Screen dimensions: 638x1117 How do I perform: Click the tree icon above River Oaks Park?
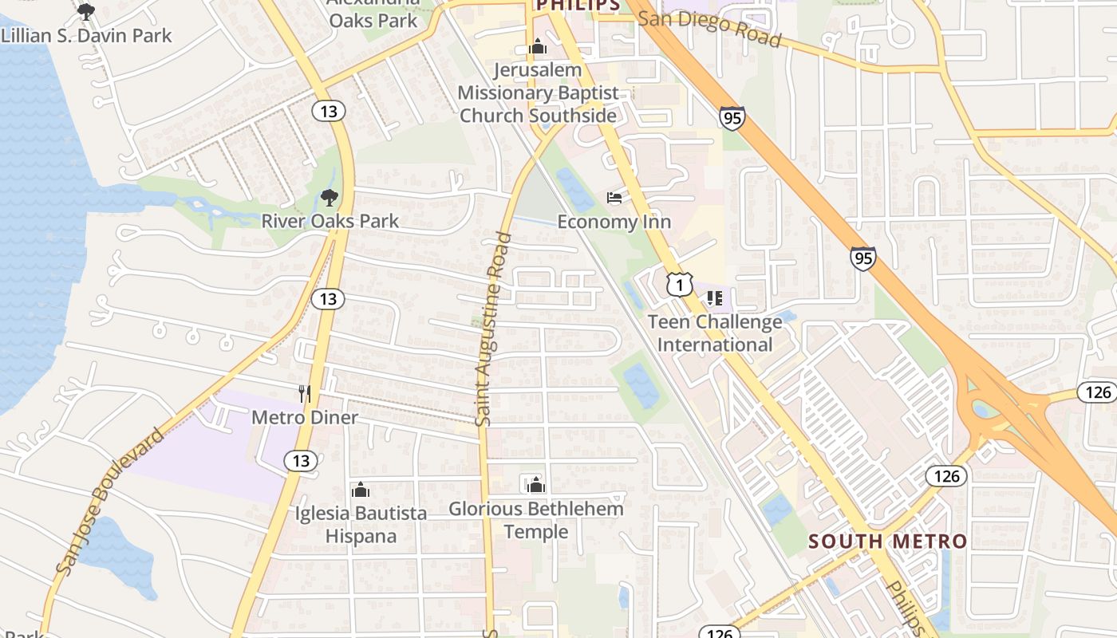pos(329,198)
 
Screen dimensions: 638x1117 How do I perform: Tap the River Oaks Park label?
pos(330,221)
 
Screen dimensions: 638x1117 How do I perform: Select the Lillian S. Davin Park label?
pos(86,35)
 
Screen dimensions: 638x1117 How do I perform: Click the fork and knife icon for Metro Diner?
pos(304,393)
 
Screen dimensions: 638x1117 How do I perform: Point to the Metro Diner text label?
pos(305,417)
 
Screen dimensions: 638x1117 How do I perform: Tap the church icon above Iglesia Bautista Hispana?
pos(361,490)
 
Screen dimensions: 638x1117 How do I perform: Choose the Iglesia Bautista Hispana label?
pos(361,524)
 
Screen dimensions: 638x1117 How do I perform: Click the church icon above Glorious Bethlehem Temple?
pos(535,484)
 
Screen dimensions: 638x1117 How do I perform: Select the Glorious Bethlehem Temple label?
pos(536,520)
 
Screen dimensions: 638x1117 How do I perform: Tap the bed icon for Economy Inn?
pos(614,198)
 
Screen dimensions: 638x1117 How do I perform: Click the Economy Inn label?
pos(614,222)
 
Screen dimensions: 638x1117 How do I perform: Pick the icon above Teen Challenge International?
pos(714,298)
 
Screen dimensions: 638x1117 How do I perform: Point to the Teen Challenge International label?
pos(715,333)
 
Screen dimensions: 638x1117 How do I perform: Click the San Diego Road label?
pos(709,29)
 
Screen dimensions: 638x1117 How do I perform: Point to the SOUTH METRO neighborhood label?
pos(887,542)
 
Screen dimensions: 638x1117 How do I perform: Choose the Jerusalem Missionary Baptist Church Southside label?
pos(539,93)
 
